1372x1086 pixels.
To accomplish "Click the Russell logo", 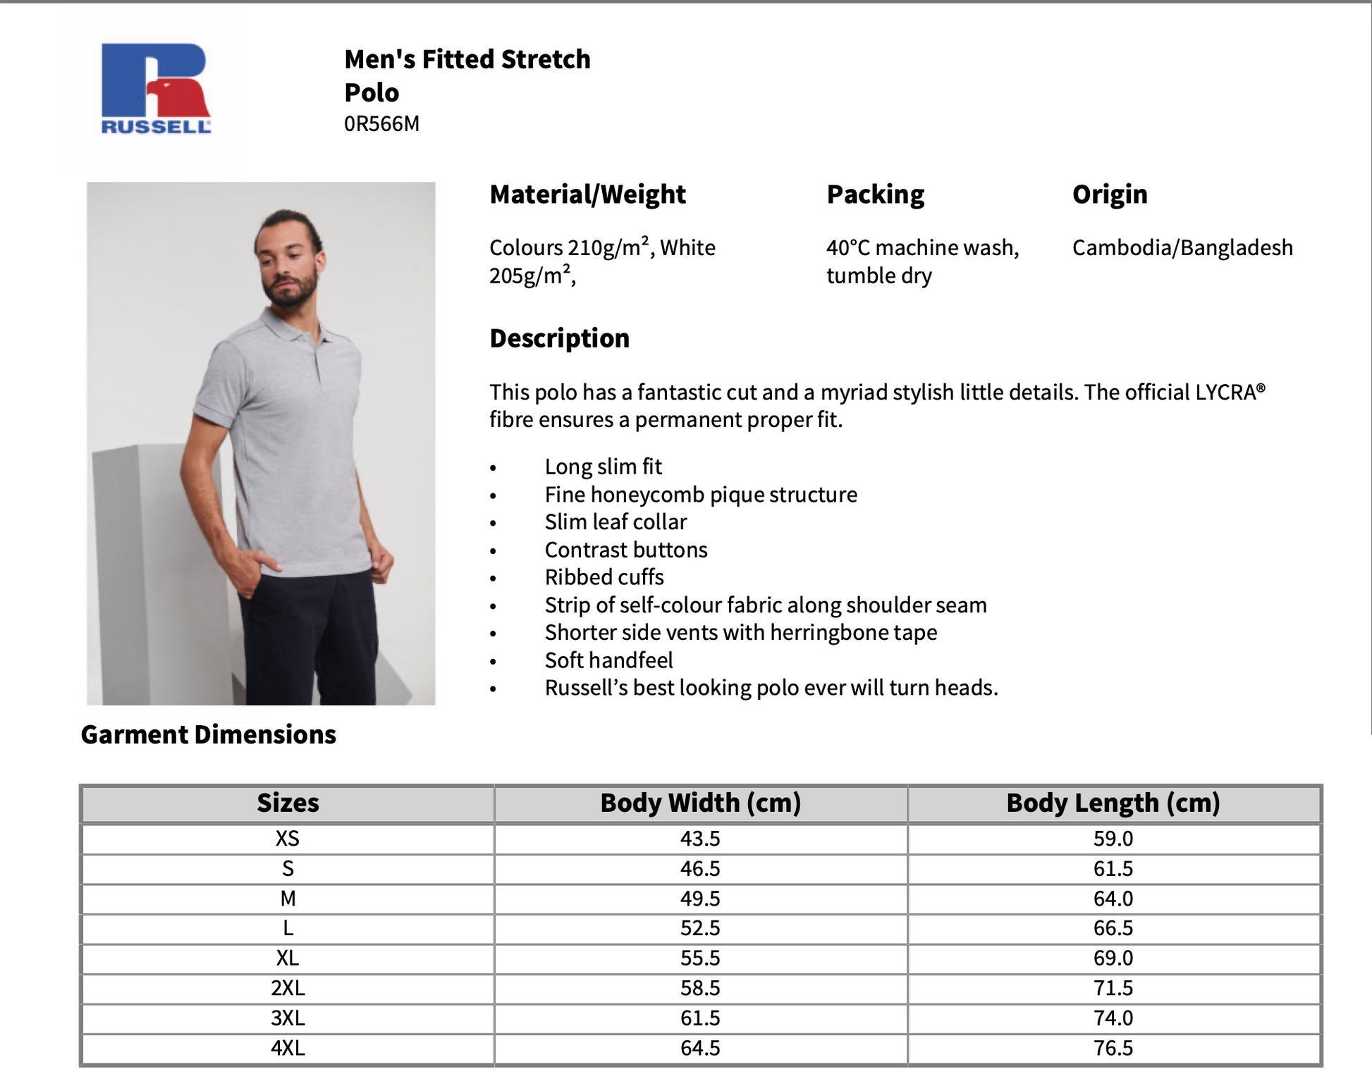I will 156,88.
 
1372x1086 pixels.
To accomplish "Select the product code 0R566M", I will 381,124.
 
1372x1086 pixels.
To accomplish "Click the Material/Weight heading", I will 587,195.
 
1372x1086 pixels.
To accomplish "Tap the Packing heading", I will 875,195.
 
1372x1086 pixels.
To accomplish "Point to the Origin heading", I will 1110,195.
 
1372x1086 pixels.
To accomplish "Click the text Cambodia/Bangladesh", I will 1182,248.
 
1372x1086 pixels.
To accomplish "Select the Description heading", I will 559,338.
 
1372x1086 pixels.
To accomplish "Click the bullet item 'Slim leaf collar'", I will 615,522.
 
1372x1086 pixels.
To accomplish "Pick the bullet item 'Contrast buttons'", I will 626,550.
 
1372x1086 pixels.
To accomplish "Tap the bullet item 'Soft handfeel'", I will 608,660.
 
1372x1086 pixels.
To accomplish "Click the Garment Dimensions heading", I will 209,735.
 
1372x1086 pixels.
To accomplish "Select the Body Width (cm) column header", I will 700,803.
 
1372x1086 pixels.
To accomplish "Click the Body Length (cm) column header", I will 1113,803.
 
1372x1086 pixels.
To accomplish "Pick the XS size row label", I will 288,839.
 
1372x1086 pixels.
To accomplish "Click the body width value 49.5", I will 700,899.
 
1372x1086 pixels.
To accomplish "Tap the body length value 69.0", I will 1113,958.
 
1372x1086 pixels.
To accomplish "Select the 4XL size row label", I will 288,1048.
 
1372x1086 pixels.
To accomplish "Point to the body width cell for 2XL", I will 700,988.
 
